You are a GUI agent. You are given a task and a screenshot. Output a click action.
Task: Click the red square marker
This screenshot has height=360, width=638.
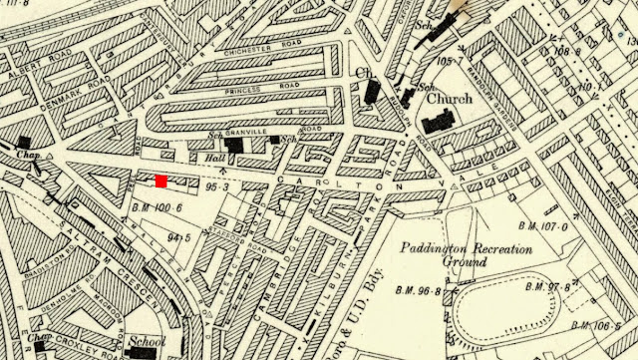(160, 180)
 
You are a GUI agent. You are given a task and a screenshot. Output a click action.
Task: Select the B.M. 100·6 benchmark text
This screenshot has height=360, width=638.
(147, 206)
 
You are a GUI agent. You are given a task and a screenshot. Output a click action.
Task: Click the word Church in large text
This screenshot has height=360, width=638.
(443, 100)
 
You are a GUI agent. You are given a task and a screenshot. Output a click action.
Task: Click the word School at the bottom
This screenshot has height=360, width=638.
(147, 340)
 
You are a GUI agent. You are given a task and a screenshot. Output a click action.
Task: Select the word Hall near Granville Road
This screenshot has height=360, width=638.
(210, 158)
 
